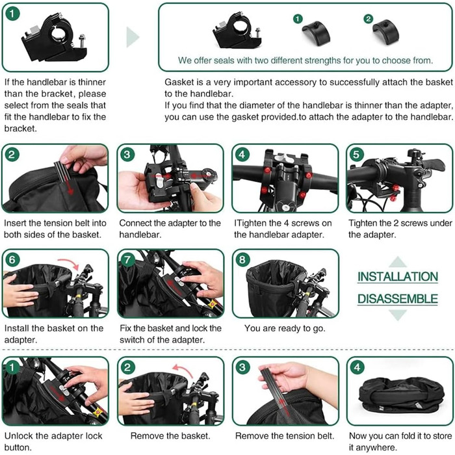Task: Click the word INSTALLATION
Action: tap(398, 276)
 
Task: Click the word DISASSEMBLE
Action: tap(398, 299)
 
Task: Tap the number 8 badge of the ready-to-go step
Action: tap(242, 259)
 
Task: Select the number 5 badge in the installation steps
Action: tap(356, 155)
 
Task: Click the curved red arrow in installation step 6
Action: tap(68, 263)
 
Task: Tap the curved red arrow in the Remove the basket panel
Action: tap(183, 370)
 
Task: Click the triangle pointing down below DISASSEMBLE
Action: tap(398, 315)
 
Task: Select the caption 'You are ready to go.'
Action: tap(285, 328)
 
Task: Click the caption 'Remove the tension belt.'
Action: tap(285, 435)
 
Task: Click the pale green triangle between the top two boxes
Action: tap(133, 37)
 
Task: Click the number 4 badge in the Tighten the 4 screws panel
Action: tap(242, 155)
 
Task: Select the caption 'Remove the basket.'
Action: tap(170, 435)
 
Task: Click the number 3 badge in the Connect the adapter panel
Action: tap(127, 155)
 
